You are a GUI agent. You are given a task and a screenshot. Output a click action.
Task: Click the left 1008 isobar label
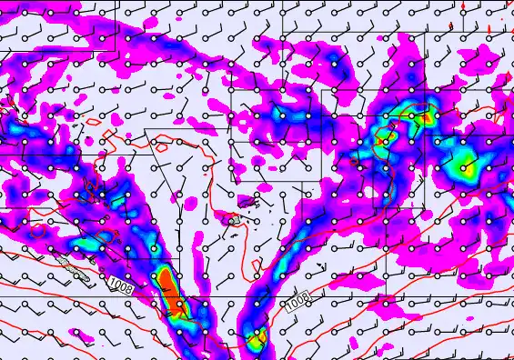click(x=120, y=286)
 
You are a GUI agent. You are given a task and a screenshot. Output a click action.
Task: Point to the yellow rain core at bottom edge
click(x=256, y=340)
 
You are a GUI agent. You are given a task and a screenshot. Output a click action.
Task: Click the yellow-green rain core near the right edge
click(x=466, y=164)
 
